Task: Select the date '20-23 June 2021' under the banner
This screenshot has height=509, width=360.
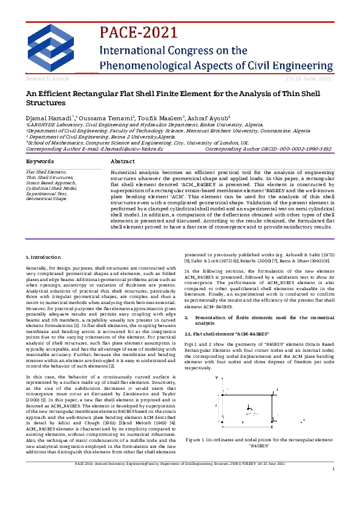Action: pyautogui.click(x=308, y=79)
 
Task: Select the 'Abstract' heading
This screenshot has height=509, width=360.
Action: pyautogui.click(x=123, y=162)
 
